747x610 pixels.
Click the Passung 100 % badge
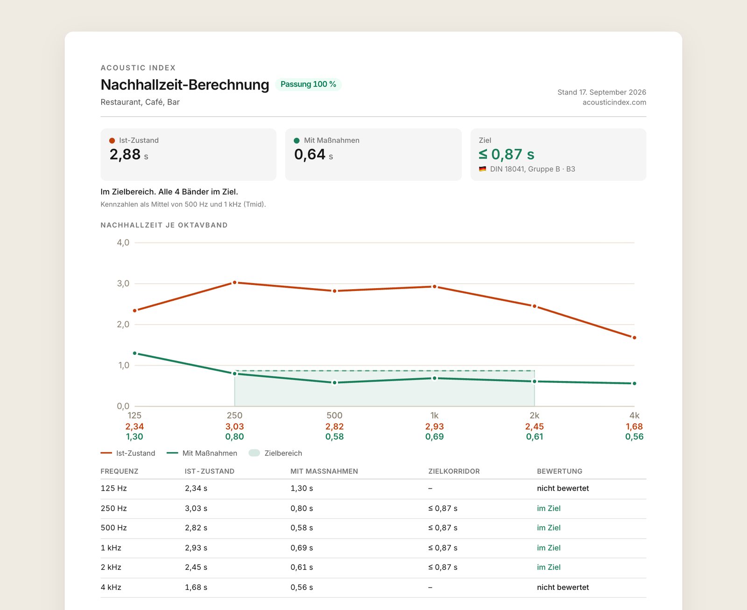[x=308, y=84]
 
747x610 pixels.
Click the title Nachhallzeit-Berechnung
[x=184, y=84]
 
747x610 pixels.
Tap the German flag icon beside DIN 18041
[x=482, y=169]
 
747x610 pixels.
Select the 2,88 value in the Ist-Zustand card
[x=125, y=154]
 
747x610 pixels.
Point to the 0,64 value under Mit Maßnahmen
[x=310, y=154]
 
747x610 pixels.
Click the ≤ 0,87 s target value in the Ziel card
[x=507, y=154]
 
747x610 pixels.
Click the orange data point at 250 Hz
[x=234, y=282]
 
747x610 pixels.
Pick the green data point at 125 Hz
[x=134, y=353]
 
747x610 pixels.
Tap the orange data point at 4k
[x=634, y=338]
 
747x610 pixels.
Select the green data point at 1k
[x=435, y=378]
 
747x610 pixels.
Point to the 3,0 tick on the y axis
[x=123, y=284]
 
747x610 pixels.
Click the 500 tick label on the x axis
[x=334, y=416]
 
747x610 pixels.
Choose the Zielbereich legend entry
[x=275, y=453]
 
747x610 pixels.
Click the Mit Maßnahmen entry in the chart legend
[x=202, y=453]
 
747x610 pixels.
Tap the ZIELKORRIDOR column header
[x=454, y=471]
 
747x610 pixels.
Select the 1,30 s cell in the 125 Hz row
[x=302, y=488]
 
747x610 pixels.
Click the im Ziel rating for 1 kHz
[x=549, y=548]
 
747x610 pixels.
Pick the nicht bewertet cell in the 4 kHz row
[x=563, y=587]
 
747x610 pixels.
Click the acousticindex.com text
[x=614, y=102]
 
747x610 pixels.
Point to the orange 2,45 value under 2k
[x=535, y=426]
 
